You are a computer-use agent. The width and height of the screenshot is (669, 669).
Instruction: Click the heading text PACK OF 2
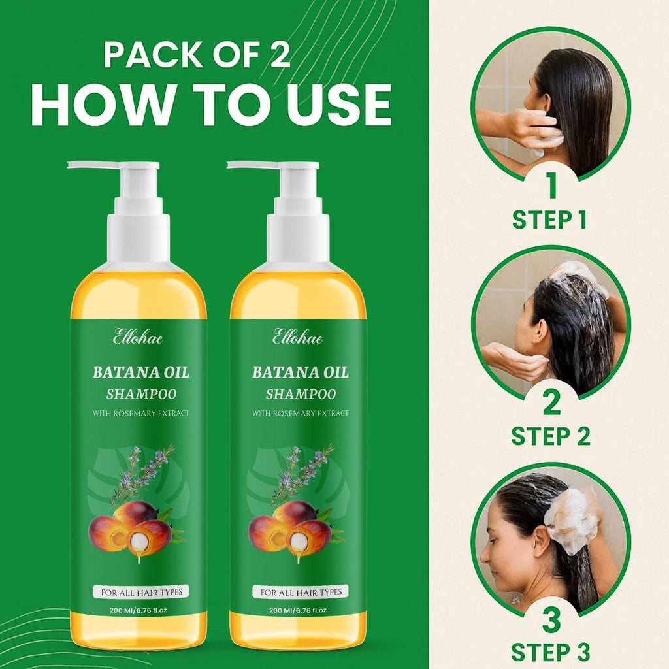pyautogui.click(x=197, y=55)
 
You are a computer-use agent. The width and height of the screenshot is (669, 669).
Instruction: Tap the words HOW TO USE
pyautogui.click(x=211, y=104)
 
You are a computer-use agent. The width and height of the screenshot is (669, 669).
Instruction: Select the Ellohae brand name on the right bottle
pyautogui.click(x=298, y=338)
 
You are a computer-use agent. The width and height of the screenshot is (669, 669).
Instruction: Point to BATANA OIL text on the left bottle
pyautogui.click(x=141, y=373)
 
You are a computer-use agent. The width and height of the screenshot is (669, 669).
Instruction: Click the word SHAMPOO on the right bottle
pyautogui.click(x=301, y=394)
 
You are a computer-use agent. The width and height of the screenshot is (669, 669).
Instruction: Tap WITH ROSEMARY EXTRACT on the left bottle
pyautogui.click(x=141, y=414)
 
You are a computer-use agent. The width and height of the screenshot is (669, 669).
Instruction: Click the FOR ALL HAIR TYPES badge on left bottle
pyautogui.click(x=141, y=593)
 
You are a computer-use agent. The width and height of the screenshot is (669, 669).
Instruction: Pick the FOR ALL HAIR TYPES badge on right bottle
pyautogui.click(x=301, y=593)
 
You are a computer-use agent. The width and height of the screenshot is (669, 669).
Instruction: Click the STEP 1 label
pyautogui.click(x=549, y=220)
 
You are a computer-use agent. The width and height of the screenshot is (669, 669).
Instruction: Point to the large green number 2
pyautogui.click(x=551, y=401)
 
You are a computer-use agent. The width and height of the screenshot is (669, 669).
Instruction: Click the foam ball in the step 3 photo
pyautogui.click(x=572, y=520)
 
